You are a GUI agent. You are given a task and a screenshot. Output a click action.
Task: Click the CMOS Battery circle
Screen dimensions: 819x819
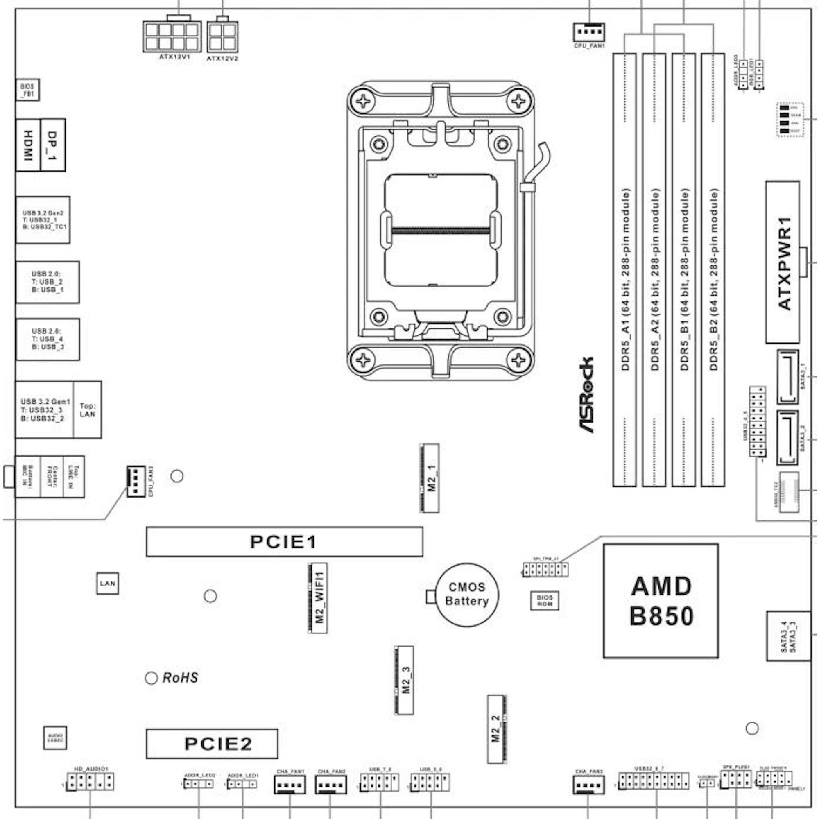tap(467, 595)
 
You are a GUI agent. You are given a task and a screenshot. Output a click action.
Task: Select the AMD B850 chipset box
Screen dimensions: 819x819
tap(661, 601)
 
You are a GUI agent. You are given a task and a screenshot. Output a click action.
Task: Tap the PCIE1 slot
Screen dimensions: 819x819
tap(284, 542)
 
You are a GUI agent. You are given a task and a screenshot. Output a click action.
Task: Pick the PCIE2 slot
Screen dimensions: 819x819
tap(212, 744)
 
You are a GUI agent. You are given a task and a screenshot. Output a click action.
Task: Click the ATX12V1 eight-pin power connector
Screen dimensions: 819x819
tap(172, 37)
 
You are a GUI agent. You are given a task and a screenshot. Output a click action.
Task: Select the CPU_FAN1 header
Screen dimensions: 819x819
tap(589, 32)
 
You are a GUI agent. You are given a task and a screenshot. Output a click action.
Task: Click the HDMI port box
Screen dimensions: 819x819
tap(28, 145)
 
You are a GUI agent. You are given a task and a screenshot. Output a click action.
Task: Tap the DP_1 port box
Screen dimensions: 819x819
tap(53, 145)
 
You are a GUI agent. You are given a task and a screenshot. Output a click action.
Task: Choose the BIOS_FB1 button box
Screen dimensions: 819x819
tap(27, 89)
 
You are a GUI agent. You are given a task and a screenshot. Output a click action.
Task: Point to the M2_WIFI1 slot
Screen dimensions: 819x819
tap(317, 598)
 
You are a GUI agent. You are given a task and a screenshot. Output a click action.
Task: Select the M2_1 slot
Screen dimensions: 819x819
tap(430, 478)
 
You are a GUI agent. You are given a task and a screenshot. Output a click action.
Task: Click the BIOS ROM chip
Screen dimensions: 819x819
tap(544, 600)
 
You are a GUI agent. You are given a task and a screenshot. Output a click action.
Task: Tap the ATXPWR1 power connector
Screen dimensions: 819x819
tap(783, 262)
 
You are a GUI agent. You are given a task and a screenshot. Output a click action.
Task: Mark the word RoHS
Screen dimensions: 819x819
tap(180, 678)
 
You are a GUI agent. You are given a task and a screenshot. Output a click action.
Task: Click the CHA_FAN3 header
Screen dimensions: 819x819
tap(588, 784)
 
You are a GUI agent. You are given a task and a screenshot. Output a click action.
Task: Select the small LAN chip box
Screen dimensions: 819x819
tap(107, 583)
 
